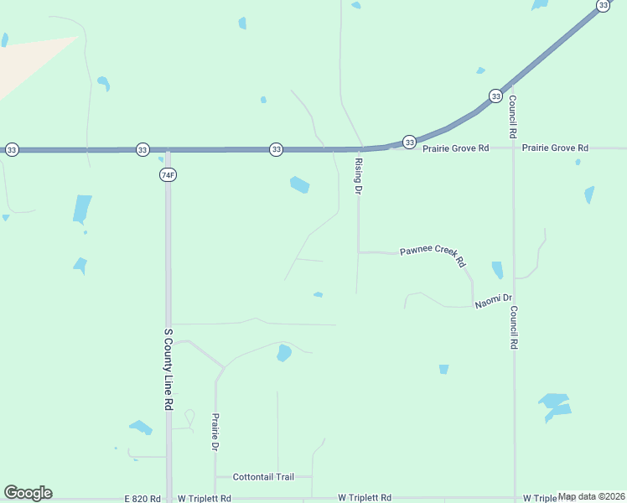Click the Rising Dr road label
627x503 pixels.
(x=358, y=176)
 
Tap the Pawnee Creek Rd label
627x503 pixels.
(x=433, y=255)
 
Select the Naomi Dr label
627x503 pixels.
(x=493, y=301)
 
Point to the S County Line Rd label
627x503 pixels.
(x=168, y=368)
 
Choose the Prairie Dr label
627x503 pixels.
(x=215, y=432)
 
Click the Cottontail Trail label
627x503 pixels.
(x=263, y=476)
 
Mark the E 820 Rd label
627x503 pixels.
(x=142, y=498)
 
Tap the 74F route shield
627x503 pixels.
(x=168, y=174)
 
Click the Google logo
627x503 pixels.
(x=28, y=493)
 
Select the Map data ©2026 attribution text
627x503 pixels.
(x=591, y=496)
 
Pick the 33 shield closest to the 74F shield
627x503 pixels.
(x=142, y=150)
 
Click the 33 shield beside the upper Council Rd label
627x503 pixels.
(x=495, y=96)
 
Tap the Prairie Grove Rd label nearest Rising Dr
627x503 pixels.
(x=455, y=148)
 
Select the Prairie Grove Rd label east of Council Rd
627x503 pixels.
(x=555, y=148)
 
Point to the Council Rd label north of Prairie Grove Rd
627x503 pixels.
(x=512, y=116)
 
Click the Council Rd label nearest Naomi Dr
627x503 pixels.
(x=512, y=327)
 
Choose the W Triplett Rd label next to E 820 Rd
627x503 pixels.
(x=203, y=498)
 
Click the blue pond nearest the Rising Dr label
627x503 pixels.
(x=299, y=184)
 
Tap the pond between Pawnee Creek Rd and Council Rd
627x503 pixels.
(x=497, y=270)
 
